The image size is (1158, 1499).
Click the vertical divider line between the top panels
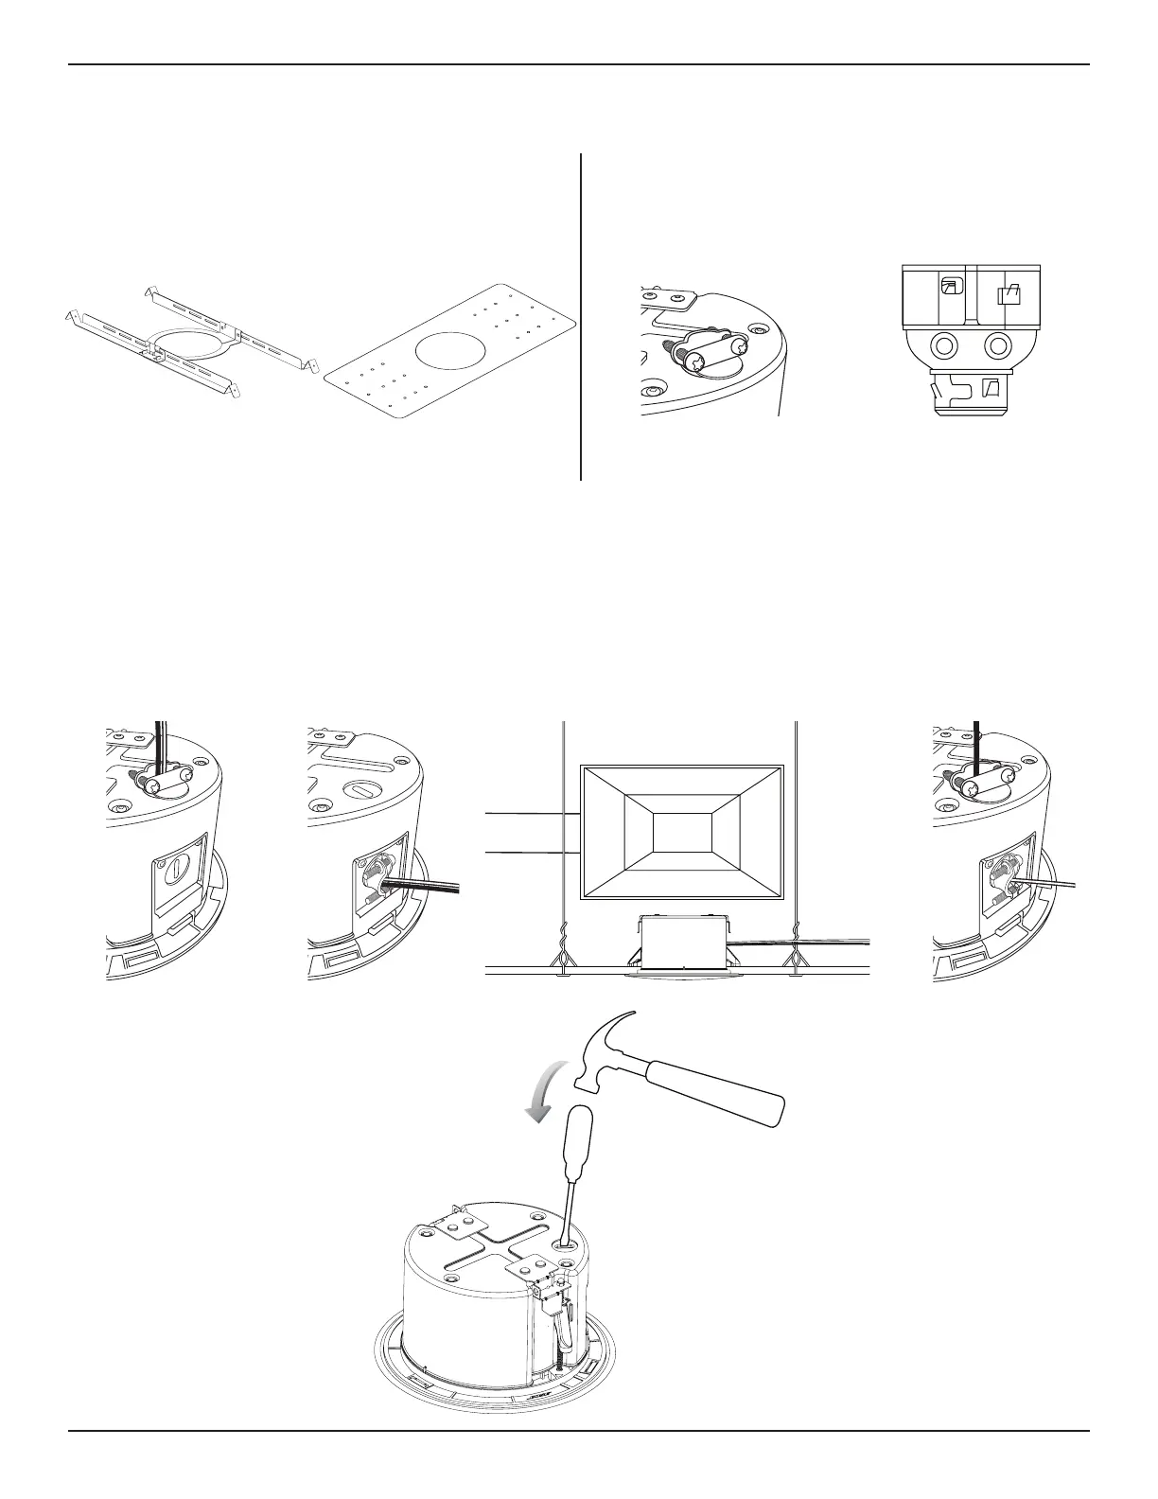[x=580, y=317]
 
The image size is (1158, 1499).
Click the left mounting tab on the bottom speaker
[x=443, y=1229]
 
